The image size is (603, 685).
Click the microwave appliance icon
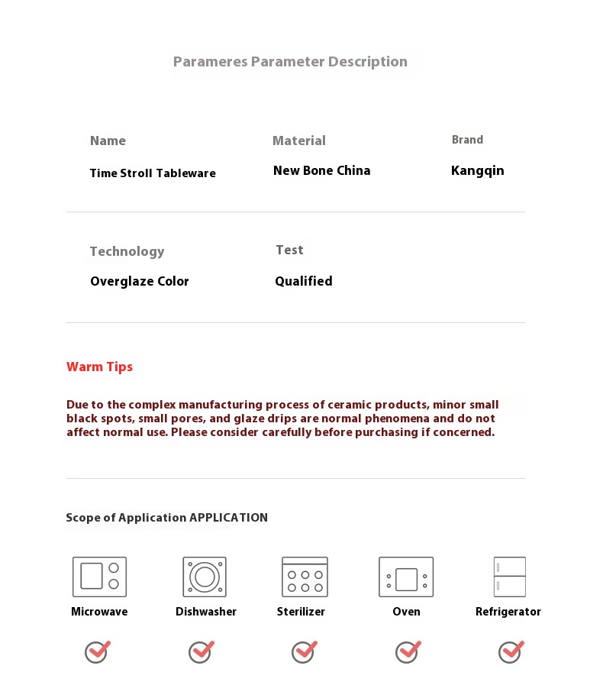[99, 577]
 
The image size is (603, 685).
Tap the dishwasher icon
[205, 577]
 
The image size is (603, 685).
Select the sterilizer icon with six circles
[305, 577]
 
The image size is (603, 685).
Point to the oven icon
[406, 577]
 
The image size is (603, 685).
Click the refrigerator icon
[509, 577]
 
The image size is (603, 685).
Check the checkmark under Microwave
[97, 651]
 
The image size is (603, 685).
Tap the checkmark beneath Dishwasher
[201, 651]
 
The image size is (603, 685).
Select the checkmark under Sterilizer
[304, 651]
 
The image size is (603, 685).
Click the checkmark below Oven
[408, 651]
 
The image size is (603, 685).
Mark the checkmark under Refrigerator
[511, 651]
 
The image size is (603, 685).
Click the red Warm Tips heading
[99, 367]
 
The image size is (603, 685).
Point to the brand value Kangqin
[477, 170]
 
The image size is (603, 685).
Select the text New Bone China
[321, 170]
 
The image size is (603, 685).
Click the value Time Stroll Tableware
[153, 173]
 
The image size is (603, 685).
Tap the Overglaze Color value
[139, 281]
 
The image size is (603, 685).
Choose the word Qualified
[303, 281]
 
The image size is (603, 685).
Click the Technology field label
[127, 251]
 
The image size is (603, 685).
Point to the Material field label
[298, 141]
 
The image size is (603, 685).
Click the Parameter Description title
[290, 62]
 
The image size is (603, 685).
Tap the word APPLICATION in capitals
[228, 518]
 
